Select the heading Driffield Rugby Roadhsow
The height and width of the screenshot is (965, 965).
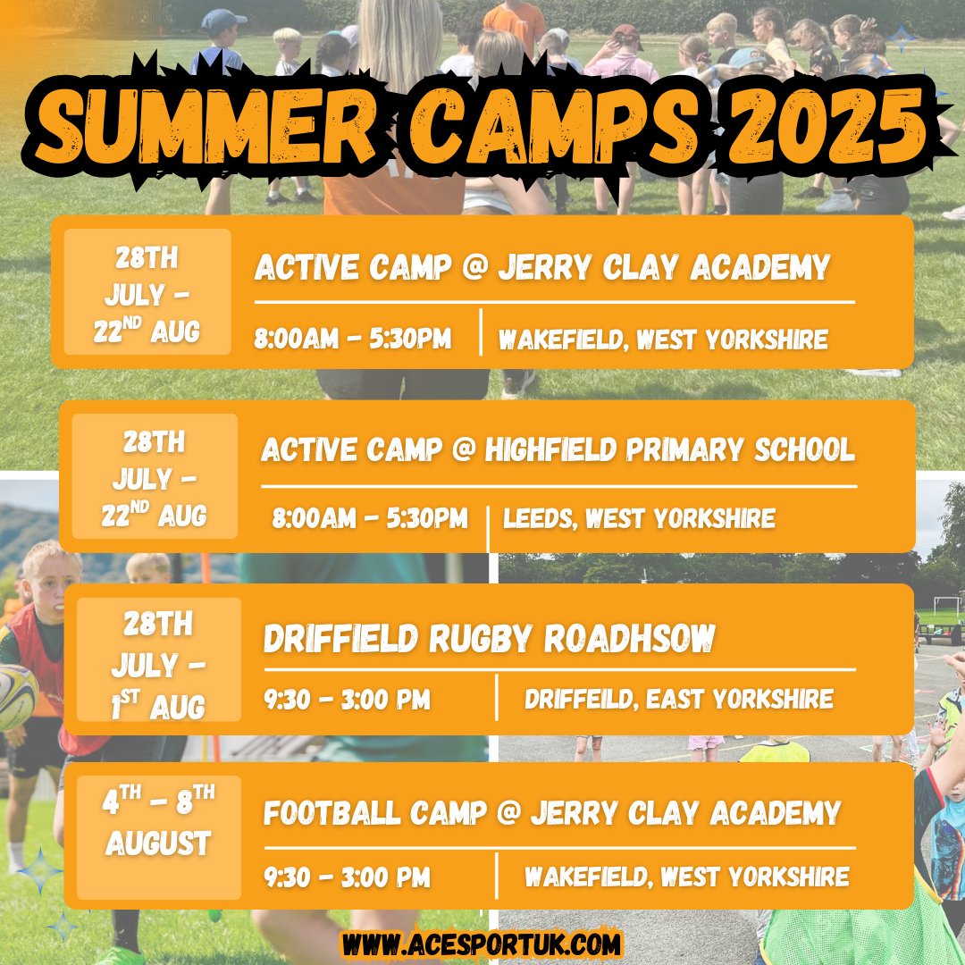[x=489, y=639]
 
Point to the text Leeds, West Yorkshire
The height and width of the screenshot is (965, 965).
[x=639, y=518]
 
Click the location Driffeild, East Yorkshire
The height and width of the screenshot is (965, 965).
[x=679, y=699]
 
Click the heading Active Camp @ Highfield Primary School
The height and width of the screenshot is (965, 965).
[x=558, y=450]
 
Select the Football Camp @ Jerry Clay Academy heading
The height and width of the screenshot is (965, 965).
[x=552, y=813]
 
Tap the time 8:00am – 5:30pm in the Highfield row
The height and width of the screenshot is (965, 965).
[x=370, y=518]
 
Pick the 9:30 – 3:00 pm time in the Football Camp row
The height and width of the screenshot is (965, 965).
[x=347, y=877]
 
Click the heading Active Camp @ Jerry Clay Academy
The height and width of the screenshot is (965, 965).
[x=542, y=267]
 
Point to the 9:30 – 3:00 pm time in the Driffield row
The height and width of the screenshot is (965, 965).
[x=347, y=699]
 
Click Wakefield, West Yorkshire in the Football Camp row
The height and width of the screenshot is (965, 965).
[x=686, y=877]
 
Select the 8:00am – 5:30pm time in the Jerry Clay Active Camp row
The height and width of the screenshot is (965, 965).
[x=353, y=340]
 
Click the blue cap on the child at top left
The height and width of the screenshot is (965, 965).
[x=223, y=20]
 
